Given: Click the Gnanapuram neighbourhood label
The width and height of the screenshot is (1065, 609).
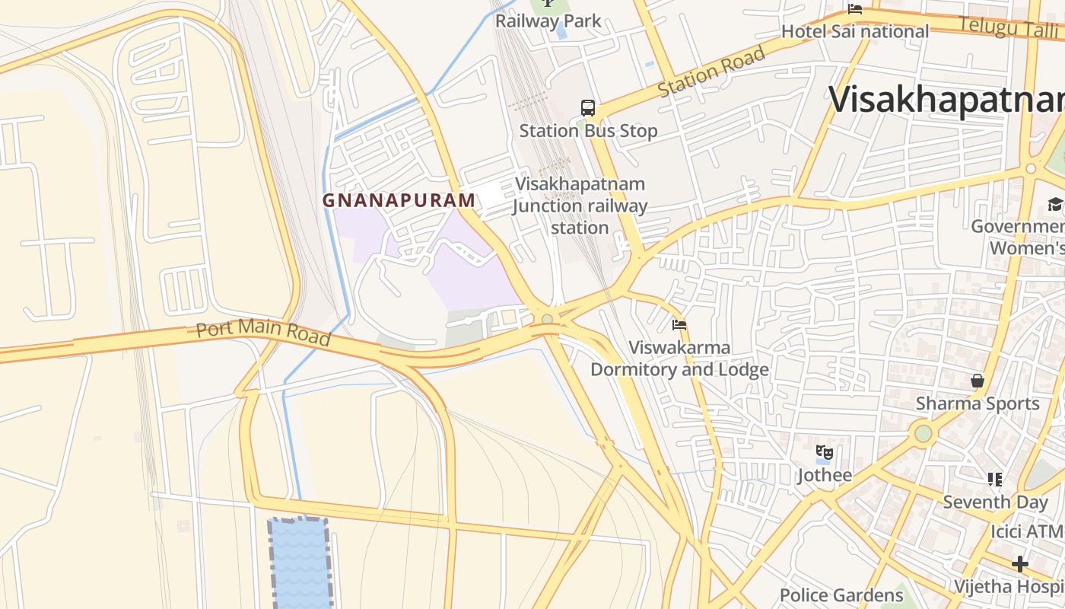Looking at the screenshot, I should click(399, 200).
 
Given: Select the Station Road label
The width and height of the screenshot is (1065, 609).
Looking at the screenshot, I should click(711, 72).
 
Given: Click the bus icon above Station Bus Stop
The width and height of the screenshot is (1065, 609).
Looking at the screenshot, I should click(588, 108).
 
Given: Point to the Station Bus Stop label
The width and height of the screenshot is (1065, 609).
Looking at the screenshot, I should click(588, 131).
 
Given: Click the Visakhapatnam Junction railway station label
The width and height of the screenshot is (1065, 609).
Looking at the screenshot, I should click(580, 206).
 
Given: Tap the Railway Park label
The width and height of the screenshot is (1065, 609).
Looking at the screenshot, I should click(548, 21).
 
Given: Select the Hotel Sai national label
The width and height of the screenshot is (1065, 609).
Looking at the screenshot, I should click(855, 31).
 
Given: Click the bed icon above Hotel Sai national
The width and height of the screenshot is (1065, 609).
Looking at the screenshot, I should click(855, 10).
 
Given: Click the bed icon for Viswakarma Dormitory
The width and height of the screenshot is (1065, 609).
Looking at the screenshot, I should click(679, 325).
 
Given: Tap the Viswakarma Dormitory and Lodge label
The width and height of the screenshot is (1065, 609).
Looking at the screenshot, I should click(679, 359).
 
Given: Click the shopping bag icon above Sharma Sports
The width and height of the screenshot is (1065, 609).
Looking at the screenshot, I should click(978, 381).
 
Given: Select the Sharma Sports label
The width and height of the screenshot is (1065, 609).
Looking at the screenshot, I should click(978, 403).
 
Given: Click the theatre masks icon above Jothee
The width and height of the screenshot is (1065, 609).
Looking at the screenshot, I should click(825, 453).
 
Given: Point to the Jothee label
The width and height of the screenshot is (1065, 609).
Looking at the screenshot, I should click(825, 476).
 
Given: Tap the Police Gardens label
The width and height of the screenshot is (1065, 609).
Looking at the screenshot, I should click(841, 595).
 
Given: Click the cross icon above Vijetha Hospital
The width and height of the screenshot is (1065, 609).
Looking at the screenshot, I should click(1020, 564).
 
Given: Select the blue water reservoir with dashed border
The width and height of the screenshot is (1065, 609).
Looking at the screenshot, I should click(300, 563).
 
